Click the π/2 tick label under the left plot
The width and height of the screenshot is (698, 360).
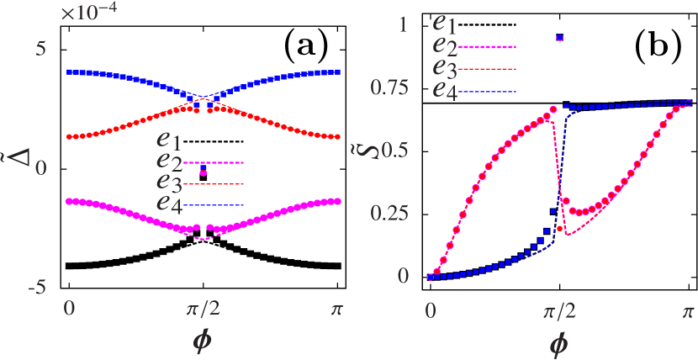(203, 310)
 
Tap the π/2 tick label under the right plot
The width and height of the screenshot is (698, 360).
(556, 310)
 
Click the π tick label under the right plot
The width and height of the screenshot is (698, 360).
(688, 310)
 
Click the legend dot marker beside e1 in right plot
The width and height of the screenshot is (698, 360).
(559, 37)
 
